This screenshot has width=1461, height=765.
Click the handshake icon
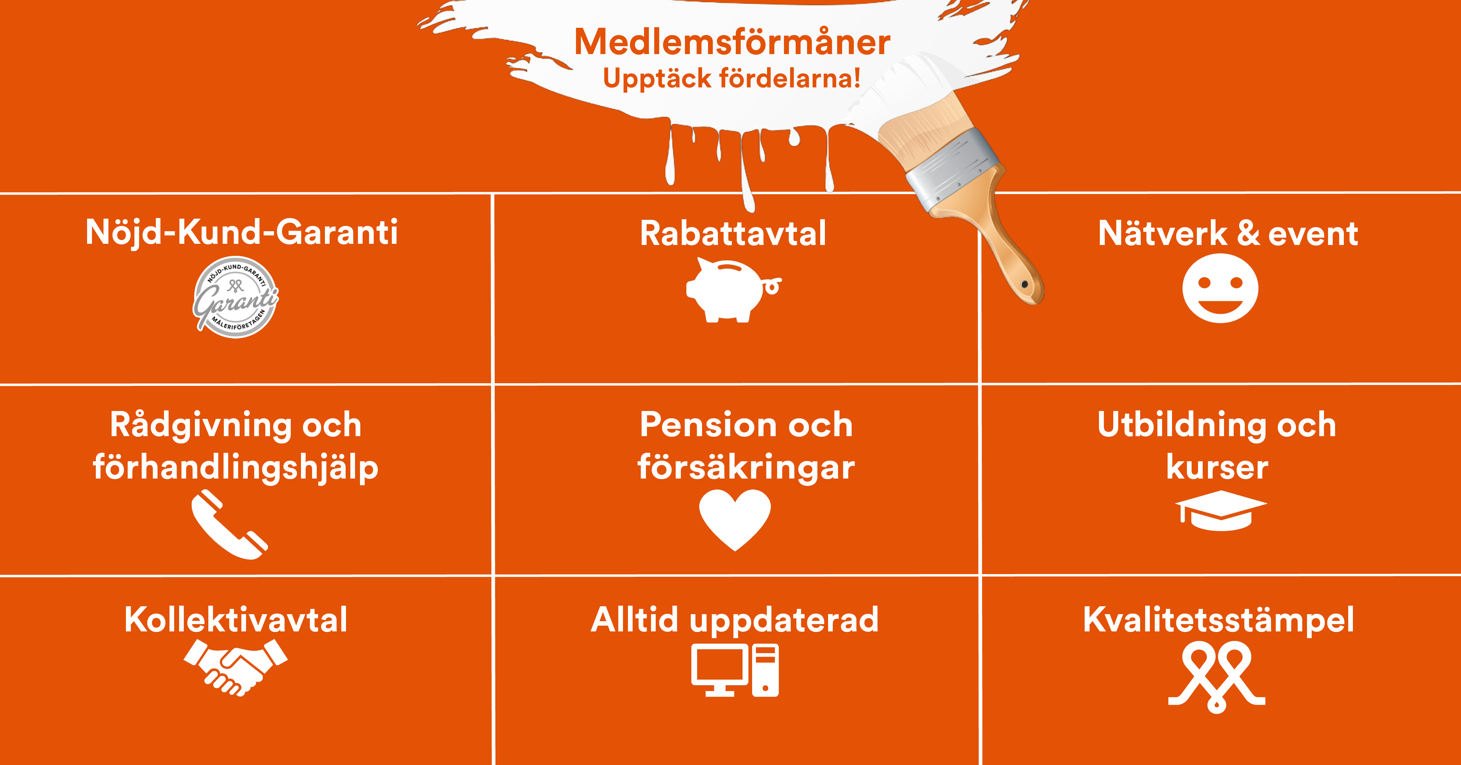236,667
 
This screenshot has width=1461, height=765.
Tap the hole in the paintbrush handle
1024,284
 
